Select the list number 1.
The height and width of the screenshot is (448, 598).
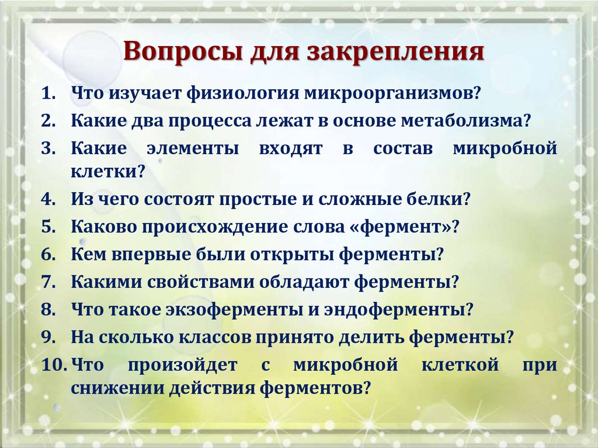[47, 93]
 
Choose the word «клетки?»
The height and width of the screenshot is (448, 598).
[107, 172]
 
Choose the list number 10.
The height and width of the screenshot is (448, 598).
[53, 365]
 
